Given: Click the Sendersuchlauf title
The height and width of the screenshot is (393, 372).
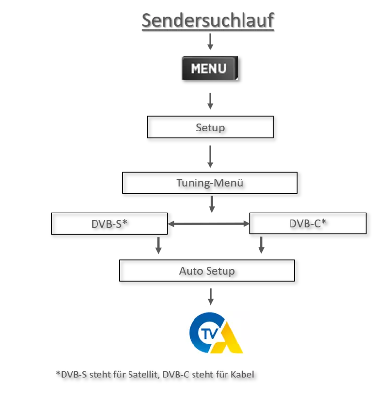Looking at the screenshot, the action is [x=208, y=20].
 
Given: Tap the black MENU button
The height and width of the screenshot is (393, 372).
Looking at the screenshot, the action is [x=210, y=68].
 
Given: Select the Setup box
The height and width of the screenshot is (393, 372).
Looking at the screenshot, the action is [x=210, y=127].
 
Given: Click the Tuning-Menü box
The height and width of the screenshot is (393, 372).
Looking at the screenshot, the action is [x=210, y=183].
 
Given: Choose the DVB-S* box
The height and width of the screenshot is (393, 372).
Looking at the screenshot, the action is [x=110, y=224].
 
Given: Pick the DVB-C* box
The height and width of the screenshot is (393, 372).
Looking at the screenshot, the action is [x=308, y=223].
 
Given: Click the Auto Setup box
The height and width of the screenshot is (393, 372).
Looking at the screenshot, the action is [x=207, y=271].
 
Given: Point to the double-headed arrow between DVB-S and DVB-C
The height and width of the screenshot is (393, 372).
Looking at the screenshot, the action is [x=209, y=224].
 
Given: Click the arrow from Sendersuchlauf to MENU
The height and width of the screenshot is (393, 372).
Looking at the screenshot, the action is [x=210, y=42].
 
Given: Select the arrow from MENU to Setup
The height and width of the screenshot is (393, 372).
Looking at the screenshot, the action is [x=210, y=101].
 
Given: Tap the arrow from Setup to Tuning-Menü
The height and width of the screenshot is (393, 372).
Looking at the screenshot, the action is [x=210, y=157].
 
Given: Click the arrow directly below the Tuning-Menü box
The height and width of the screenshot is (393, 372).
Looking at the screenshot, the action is [x=212, y=204].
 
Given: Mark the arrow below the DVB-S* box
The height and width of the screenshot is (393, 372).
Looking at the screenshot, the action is [x=158, y=246].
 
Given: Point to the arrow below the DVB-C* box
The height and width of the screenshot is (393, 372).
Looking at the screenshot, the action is [x=261, y=245].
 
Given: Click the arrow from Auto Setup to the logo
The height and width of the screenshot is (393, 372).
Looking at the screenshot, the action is [x=210, y=297].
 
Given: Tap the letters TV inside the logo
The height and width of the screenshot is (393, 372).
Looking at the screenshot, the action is [x=210, y=334].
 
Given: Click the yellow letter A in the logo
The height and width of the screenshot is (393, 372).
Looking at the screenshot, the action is [x=226, y=338].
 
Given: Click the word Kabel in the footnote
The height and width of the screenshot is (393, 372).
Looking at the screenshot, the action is [x=242, y=375].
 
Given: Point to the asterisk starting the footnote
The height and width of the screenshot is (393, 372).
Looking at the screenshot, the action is [x=58, y=373].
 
